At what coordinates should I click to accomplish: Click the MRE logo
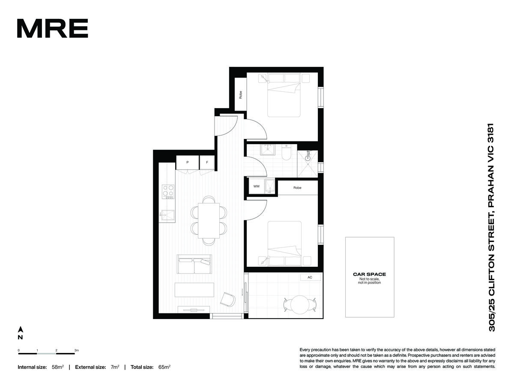(x=52, y=28)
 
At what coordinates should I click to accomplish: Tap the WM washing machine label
(x=257, y=186)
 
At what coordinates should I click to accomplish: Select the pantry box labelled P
(x=187, y=163)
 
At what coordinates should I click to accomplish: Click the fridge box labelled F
(x=207, y=163)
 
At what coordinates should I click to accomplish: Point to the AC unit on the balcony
(x=310, y=277)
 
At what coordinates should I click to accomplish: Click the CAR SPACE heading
(x=369, y=274)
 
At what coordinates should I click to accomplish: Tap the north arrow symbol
(x=21, y=329)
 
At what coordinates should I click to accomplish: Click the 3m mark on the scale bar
(x=77, y=350)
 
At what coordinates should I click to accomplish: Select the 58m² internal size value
(x=57, y=367)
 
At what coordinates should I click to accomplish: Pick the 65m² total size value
(x=164, y=367)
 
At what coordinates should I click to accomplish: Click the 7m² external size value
(x=115, y=367)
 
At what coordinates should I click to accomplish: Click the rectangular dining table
(x=209, y=221)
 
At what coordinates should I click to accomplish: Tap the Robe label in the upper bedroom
(x=240, y=95)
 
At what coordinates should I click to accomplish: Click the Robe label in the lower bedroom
(x=297, y=188)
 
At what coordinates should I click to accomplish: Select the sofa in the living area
(x=194, y=264)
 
